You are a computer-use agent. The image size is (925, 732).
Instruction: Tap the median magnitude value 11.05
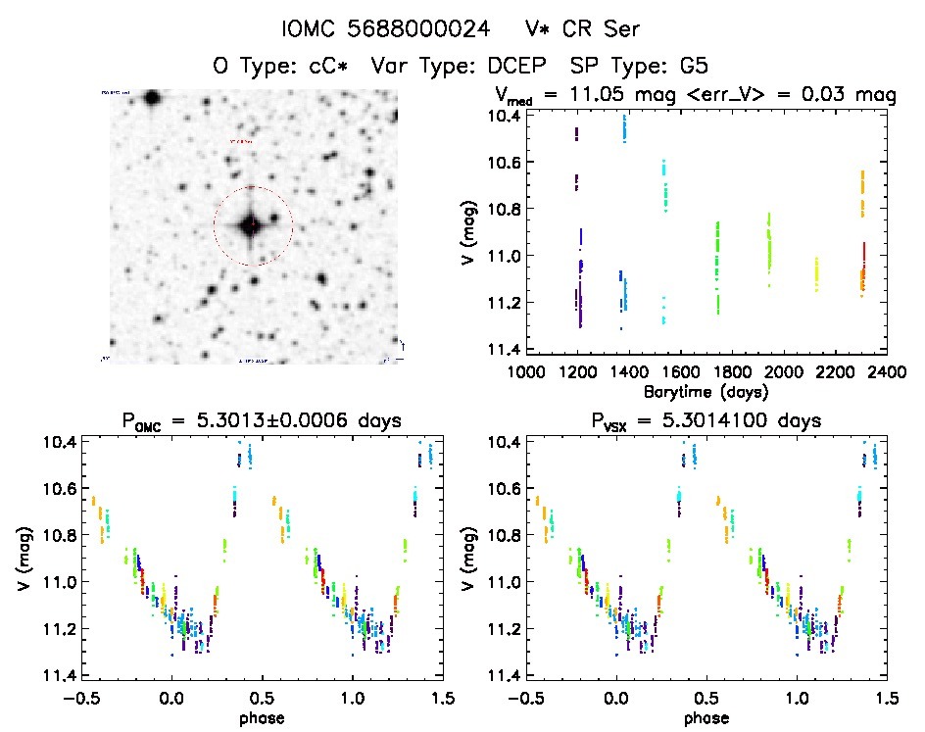627,95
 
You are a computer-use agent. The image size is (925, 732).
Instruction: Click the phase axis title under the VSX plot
705,716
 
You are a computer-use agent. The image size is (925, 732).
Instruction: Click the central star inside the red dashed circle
251,225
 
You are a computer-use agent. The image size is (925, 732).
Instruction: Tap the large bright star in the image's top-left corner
151,97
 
